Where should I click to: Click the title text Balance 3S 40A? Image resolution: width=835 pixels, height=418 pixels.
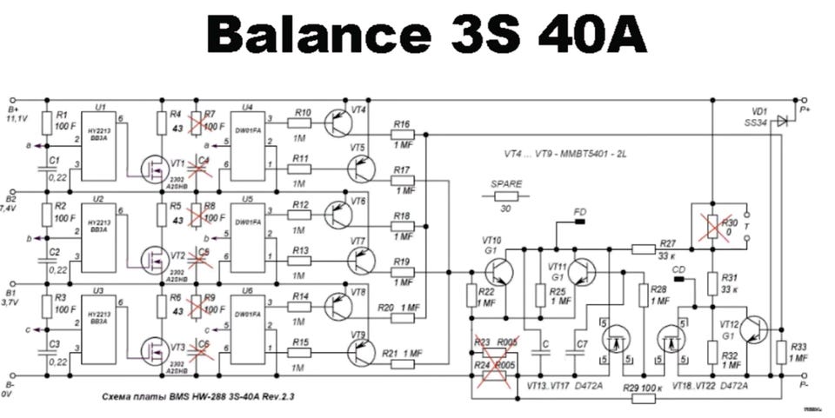coord(426,37)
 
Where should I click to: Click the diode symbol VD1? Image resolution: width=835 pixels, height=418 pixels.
coord(781,120)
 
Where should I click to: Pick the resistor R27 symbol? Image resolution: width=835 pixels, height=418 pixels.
coord(643,250)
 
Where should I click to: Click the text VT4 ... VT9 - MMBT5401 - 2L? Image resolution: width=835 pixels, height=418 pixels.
coord(565,153)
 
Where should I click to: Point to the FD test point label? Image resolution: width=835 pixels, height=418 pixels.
coord(580,211)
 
